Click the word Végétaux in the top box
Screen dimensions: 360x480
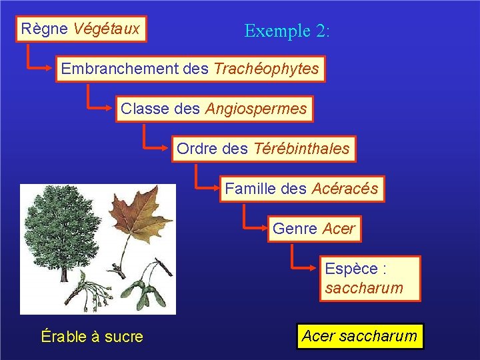point(107,29)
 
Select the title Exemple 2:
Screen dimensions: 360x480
point(287,31)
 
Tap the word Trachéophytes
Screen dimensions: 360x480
point(266,69)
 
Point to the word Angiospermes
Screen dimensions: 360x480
point(256,109)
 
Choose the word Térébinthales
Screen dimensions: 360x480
point(301,149)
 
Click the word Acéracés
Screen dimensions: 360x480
point(345,189)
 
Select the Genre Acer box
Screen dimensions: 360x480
point(314,229)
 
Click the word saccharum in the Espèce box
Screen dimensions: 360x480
point(364,288)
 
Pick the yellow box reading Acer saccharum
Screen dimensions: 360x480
point(359,336)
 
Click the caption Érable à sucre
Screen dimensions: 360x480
point(92,337)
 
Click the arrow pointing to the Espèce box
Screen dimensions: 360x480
point(303,267)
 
